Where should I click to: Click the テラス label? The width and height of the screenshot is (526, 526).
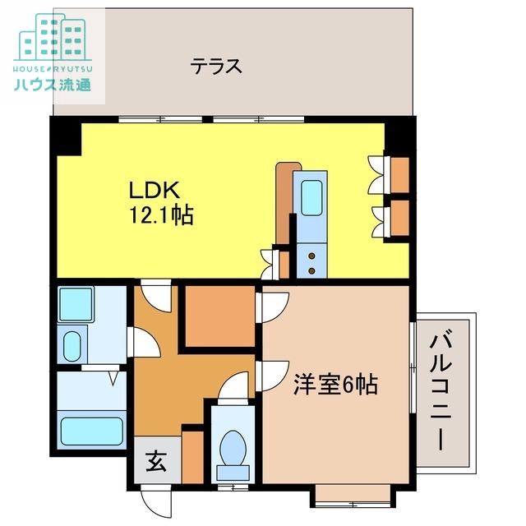click(216, 66)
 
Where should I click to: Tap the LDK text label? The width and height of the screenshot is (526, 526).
click(153, 189)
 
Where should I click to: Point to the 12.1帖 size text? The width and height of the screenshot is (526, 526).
click(160, 216)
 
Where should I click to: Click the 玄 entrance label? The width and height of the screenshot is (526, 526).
click(155, 462)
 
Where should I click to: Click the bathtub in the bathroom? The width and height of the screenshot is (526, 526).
click(91, 429)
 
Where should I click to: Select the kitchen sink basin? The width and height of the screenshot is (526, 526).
click(312, 202)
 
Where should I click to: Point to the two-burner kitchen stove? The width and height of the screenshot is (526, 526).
click(313, 262)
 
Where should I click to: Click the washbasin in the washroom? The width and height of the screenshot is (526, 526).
click(72, 344)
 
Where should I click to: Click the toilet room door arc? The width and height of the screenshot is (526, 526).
click(237, 385)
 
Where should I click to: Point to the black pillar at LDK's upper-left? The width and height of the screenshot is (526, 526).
click(66, 139)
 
